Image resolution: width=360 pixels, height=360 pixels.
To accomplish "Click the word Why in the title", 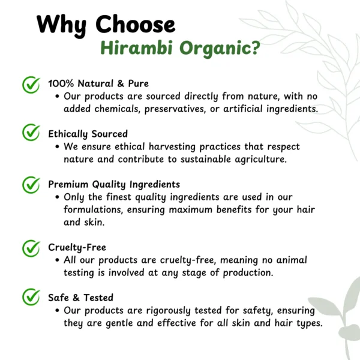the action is tap(62, 25).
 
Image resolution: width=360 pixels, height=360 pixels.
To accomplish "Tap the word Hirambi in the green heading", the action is tap(137, 48).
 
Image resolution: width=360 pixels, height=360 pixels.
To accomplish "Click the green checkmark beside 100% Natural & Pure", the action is tap(31, 85).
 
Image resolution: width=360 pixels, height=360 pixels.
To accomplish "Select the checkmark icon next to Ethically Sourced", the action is tap(31, 132).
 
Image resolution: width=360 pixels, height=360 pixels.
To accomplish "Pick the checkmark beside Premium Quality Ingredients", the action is tap(31, 185).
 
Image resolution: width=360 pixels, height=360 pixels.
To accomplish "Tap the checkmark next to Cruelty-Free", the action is tap(31, 248).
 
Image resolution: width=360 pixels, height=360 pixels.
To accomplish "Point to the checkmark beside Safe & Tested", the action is tap(31, 296).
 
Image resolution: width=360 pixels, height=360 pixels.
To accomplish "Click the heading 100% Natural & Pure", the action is tap(98, 83).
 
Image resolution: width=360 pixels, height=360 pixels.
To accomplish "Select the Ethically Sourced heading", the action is tap(88, 134).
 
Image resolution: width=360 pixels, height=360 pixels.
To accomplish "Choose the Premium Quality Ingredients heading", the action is tap(114, 185).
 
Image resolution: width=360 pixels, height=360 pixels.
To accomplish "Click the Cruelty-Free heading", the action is tap(77, 247).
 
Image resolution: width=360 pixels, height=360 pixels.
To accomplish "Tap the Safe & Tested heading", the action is tap(81, 298).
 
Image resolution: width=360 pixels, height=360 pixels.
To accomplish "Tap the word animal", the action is tap(292, 260).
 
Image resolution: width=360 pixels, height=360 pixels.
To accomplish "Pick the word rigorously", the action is tap(168, 311).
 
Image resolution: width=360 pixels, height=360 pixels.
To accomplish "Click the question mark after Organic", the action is tap(254, 48).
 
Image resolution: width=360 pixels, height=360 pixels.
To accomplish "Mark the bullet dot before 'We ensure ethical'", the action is tap(57, 147).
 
